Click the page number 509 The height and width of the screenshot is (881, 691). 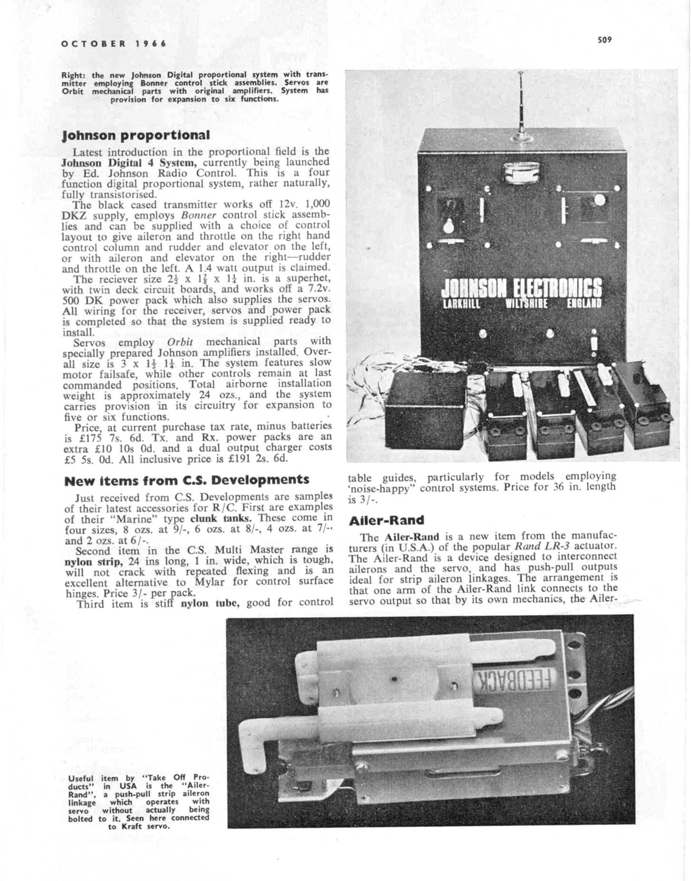(605, 40)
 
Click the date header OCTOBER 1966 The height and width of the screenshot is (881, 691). (114, 44)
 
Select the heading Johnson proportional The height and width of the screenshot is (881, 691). (136, 135)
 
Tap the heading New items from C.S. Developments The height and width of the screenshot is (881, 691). (186, 480)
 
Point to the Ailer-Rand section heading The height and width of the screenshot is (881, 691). (386, 521)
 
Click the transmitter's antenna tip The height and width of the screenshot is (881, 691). (521, 74)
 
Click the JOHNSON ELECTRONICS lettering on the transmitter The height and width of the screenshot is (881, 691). (521, 287)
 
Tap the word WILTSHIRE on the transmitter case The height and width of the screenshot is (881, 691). (527, 303)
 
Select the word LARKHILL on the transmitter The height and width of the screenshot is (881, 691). (461, 303)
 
